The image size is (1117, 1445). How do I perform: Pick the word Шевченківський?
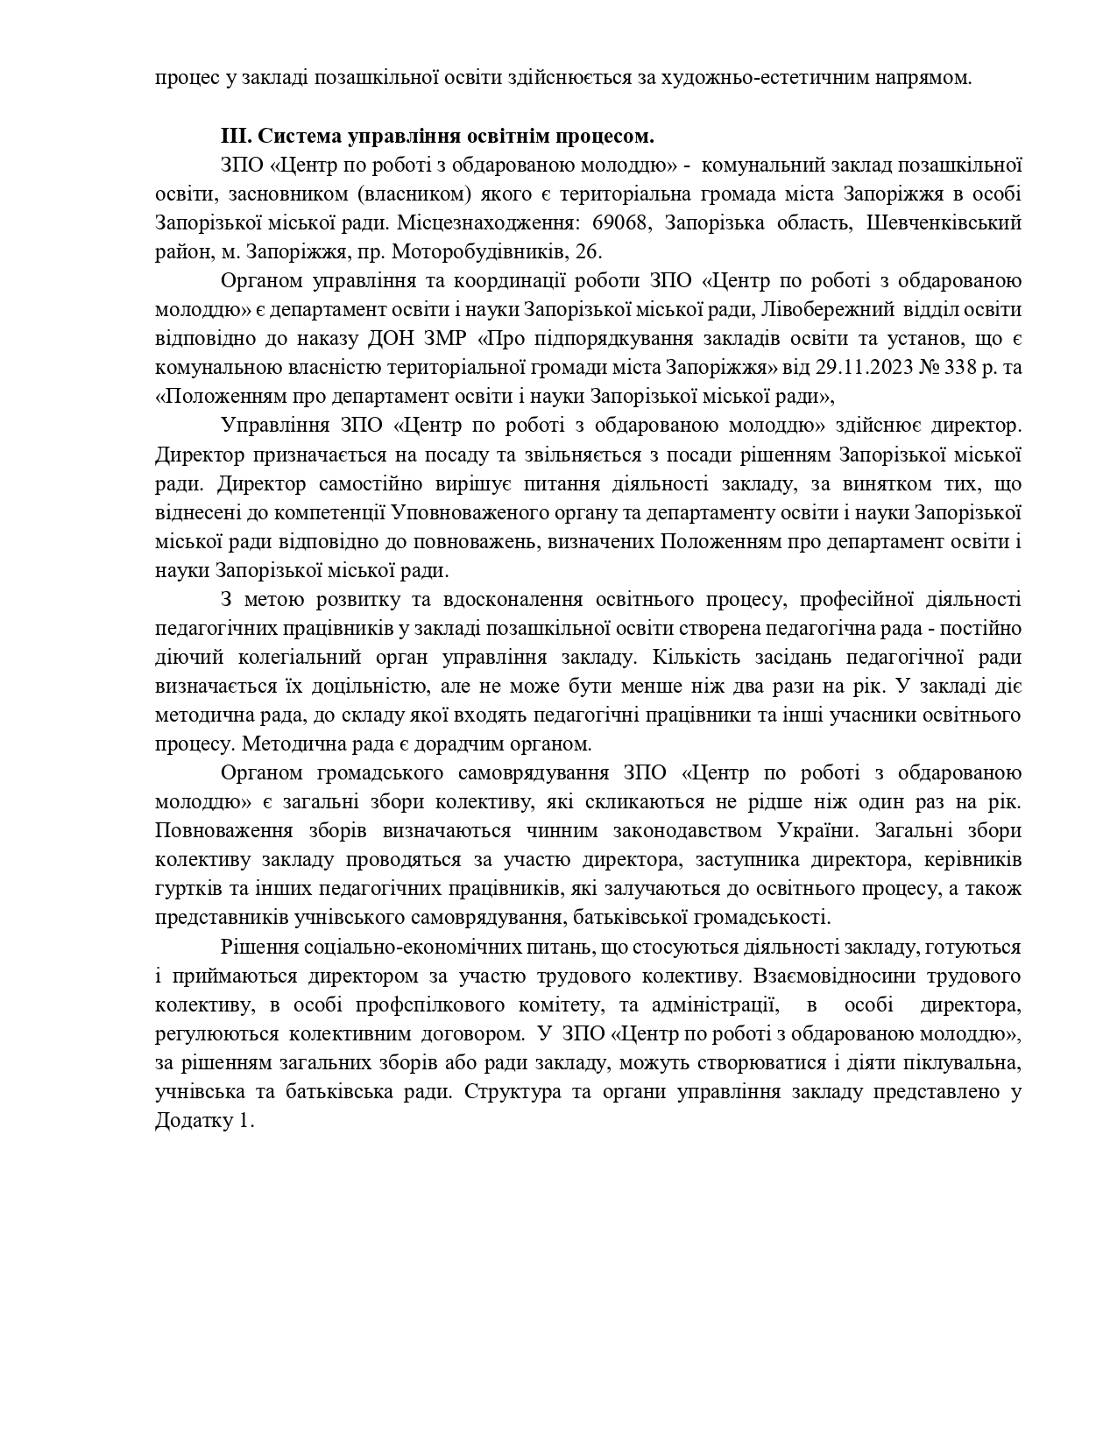944,223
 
